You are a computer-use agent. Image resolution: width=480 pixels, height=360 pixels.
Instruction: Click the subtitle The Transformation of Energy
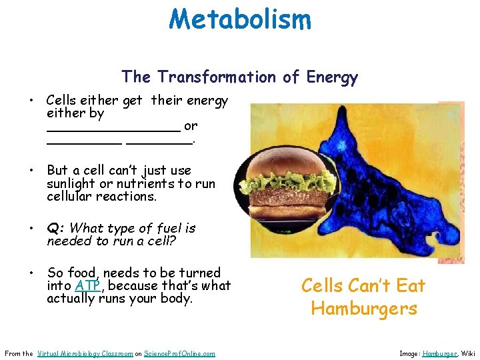tap(239, 77)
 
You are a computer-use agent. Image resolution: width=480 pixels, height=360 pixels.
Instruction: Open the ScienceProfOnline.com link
tap(179, 353)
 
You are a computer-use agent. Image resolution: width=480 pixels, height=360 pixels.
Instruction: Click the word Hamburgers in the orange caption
tap(363, 309)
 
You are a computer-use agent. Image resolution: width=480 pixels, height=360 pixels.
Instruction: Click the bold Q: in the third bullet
tap(56, 229)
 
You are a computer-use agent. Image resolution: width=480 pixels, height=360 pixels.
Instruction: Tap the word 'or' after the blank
tap(191, 126)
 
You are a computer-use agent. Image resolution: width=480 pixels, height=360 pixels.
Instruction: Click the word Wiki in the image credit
tap(469, 353)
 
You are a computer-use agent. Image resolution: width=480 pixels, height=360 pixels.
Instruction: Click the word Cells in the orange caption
tap(323, 286)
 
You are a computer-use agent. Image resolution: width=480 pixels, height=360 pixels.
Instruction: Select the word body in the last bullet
tap(175, 299)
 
